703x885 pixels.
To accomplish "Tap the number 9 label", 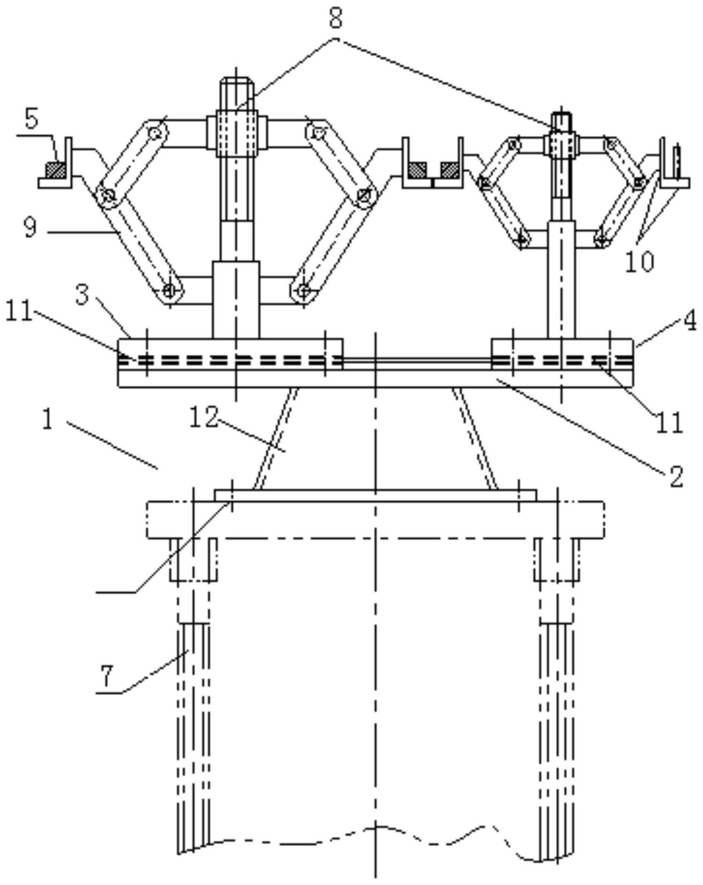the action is [x=30, y=227].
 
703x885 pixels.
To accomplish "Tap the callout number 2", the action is [x=676, y=476].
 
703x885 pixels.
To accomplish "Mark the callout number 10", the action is [x=639, y=261].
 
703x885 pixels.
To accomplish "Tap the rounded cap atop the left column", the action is [x=235, y=94].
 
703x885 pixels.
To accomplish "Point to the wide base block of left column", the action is [x=236, y=300].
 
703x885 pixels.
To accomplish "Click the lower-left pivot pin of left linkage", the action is [x=169, y=291].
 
